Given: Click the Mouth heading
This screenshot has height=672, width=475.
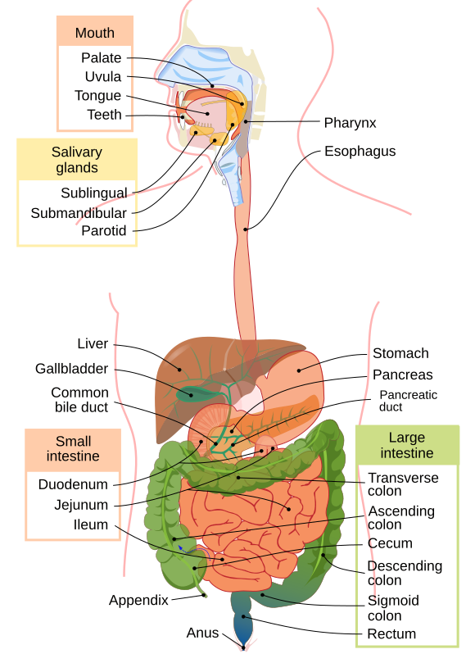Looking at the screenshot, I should click(x=94, y=34).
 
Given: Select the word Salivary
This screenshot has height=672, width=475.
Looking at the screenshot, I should click(x=77, y=152).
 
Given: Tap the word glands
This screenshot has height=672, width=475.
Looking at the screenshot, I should click(x=77, y=168).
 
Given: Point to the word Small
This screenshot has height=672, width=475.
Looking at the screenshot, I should click(x=73, y=441).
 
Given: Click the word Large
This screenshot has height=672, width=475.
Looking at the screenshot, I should click(x=407, y=438).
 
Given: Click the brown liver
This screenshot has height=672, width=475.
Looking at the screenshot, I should click(x=184, y=361).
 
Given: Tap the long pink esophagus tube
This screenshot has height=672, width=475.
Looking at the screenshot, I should click(x=245, y=270).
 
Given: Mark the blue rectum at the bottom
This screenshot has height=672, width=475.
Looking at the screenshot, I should click(x=243, y=627).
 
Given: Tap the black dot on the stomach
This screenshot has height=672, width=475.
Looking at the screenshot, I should click(x=299, y=370).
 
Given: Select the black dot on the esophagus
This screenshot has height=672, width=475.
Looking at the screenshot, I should click(x=246, y=229).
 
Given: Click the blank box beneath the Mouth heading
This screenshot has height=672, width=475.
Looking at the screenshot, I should click(x=94, y=88).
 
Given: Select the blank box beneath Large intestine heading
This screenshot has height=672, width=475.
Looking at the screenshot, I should click(x=407, y=556).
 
